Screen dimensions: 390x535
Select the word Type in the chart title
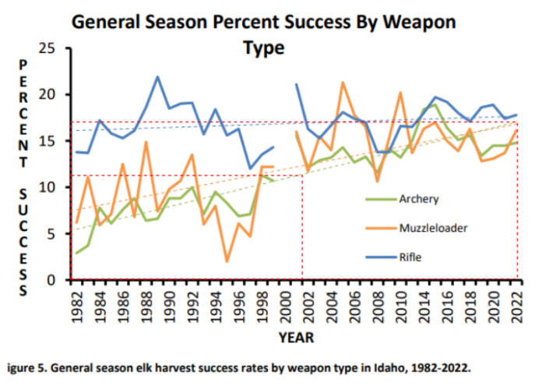point(264,48)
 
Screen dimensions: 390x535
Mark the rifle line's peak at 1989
point(157,77)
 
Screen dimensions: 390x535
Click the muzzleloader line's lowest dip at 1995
point(226,261)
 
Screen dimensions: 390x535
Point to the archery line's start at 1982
point(76,253)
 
